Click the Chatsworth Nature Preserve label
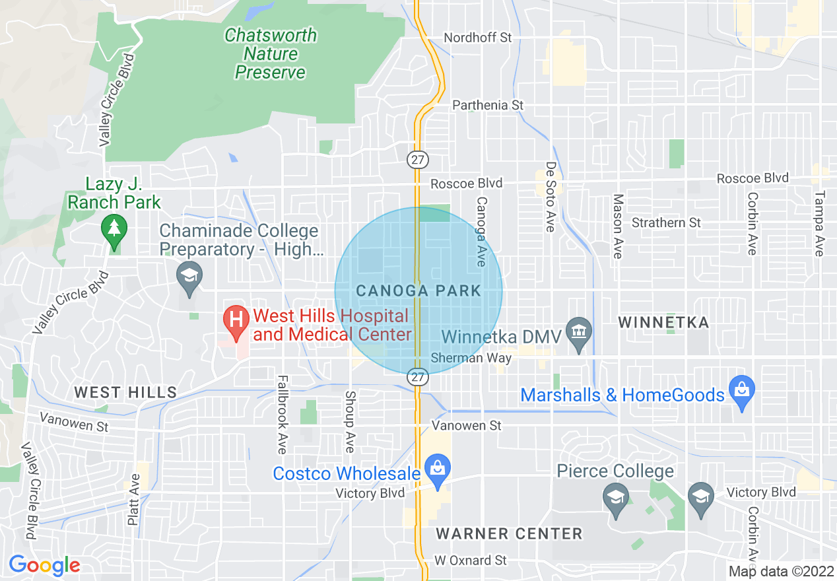click(271, 53)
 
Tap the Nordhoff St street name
click(477, 38)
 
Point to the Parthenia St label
click(488, 105)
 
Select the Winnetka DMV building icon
click(579, 331)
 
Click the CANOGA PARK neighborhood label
click(418, 290)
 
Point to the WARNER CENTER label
click(510, 533)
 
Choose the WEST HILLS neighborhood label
click(125, 393)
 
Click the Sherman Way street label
click(471, 359)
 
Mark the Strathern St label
click(666, 222)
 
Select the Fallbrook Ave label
click(283, 415)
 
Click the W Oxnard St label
click(471, 561)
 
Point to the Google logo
click(44, 565)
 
